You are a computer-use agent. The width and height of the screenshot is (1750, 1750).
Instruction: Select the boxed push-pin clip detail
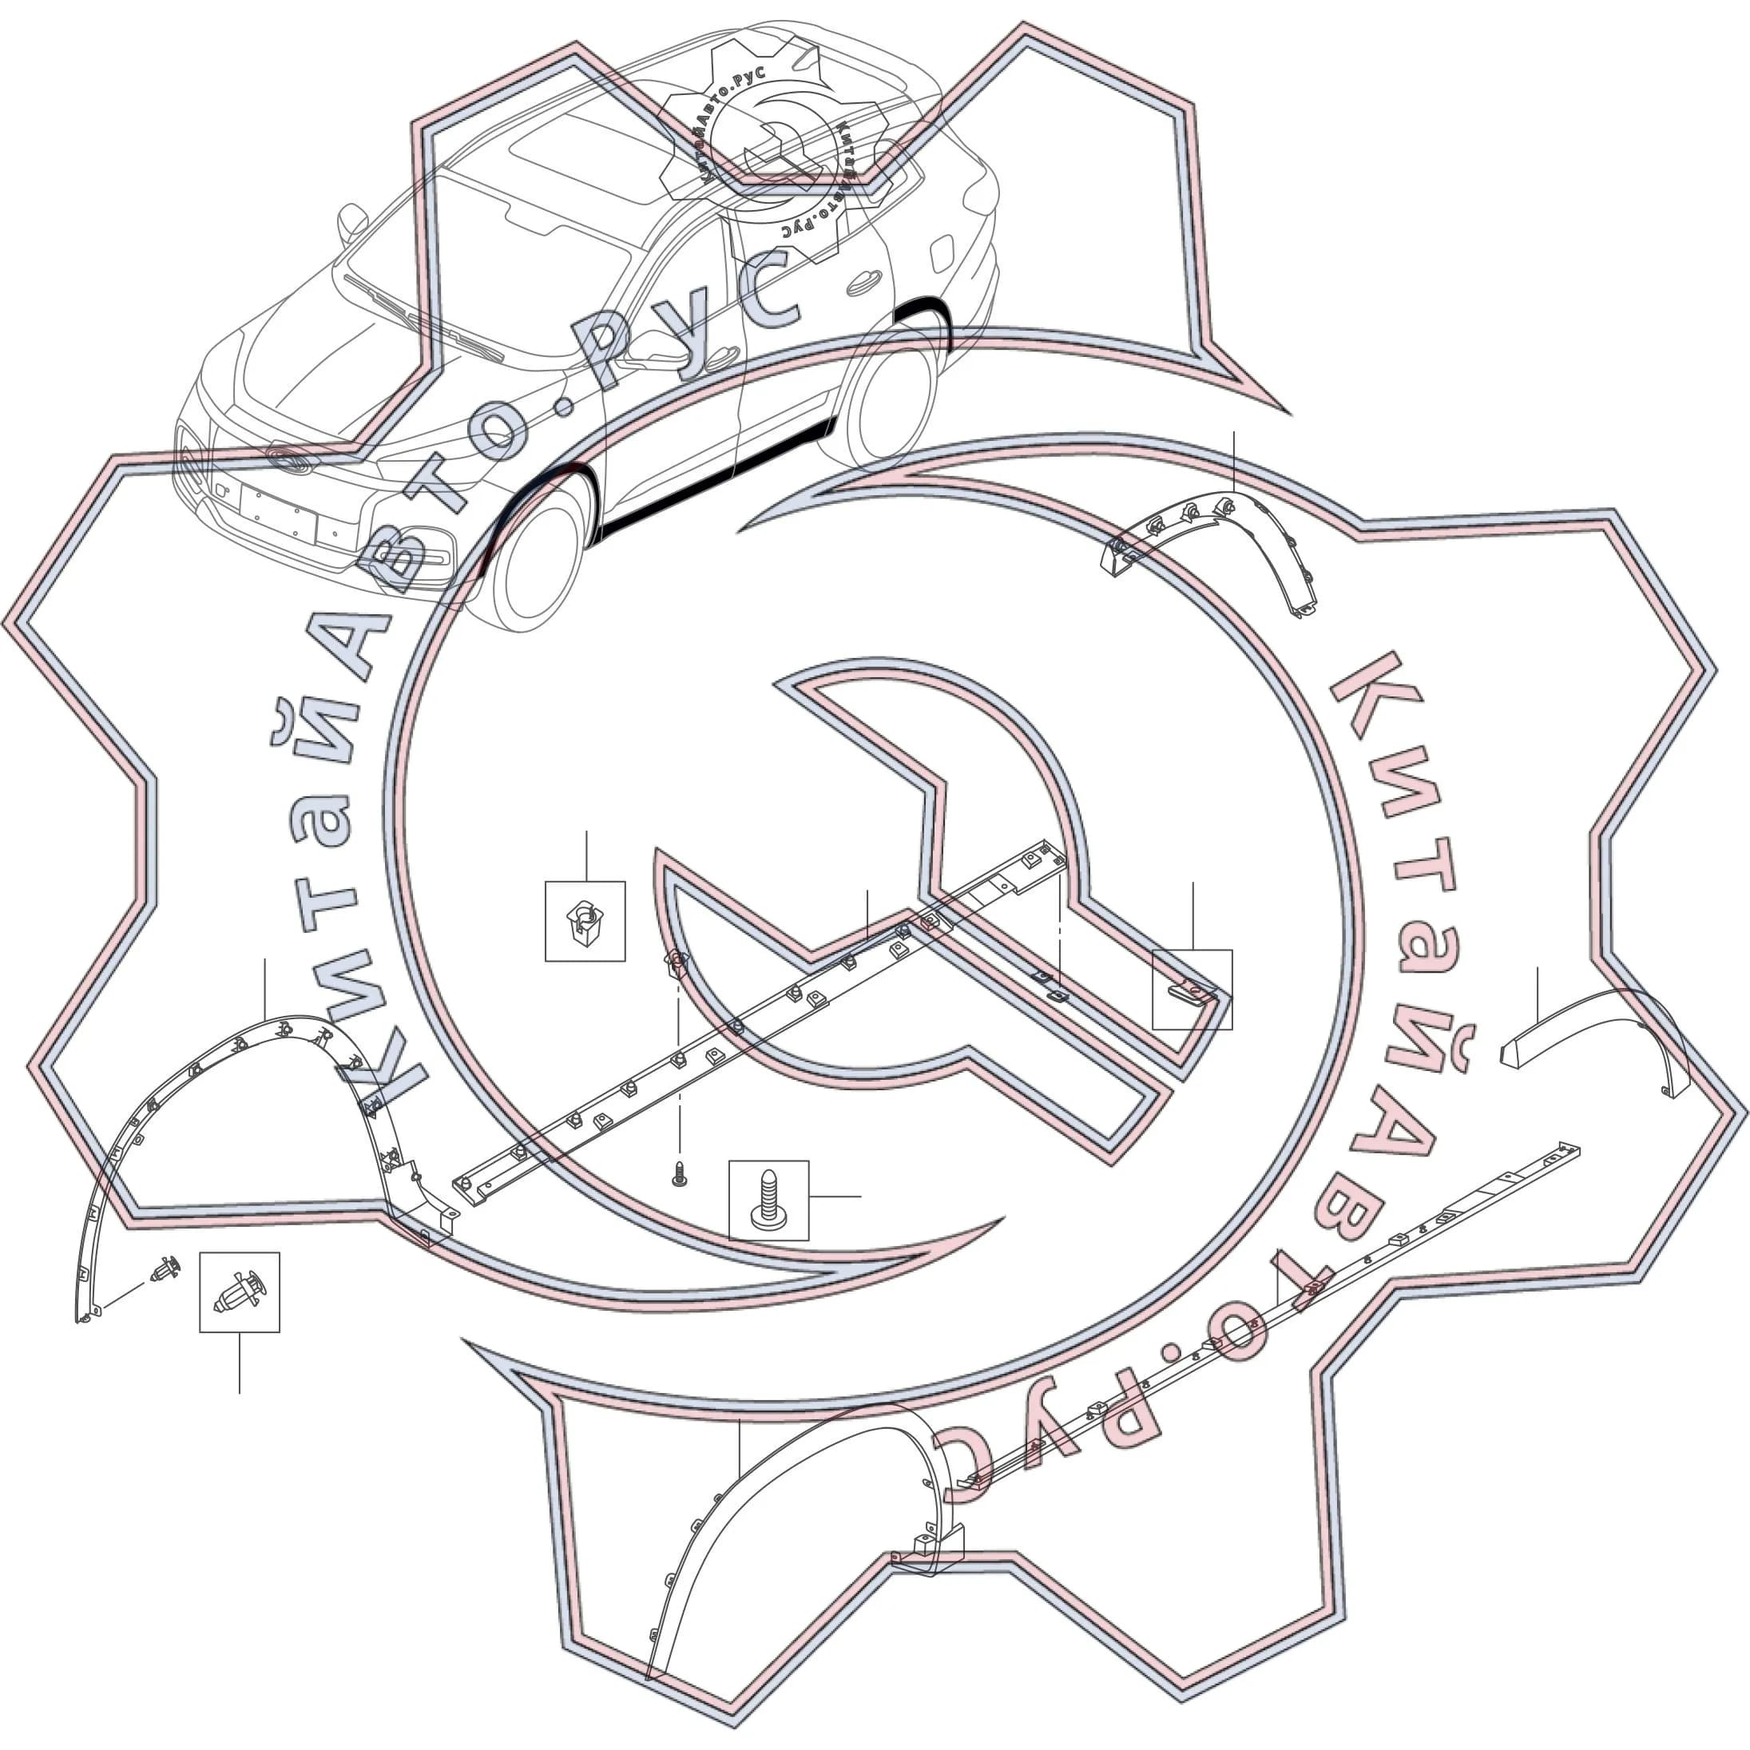click(x=239, y=1292)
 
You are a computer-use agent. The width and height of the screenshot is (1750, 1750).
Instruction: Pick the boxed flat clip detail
click(x=1192, y=989)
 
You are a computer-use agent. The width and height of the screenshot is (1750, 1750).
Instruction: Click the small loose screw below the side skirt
click(x=678, y=1177)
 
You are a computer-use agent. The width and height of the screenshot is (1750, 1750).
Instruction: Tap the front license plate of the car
click(x=279, y=513)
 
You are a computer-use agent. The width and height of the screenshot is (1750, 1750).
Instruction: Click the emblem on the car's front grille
click(x=288, y=458)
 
